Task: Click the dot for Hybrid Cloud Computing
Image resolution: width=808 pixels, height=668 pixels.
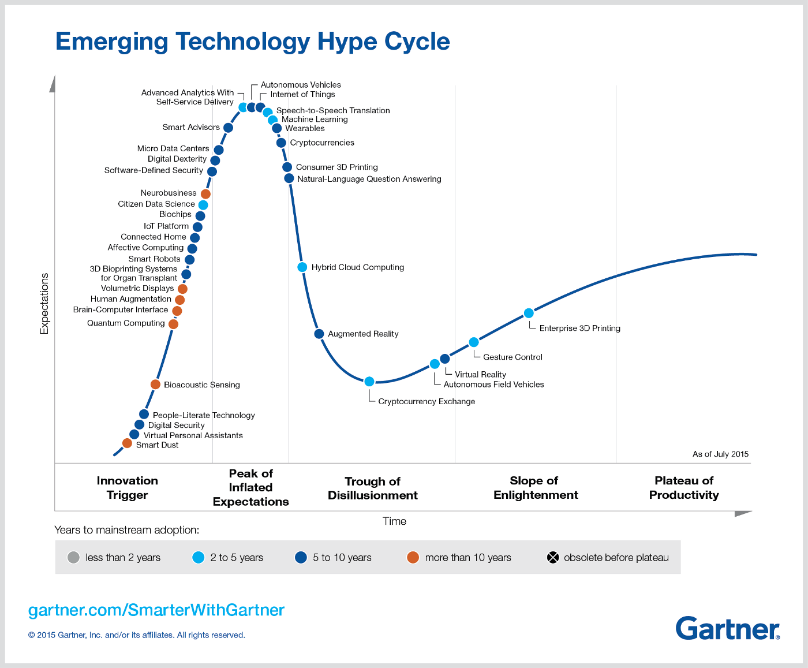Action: tap(302, 267)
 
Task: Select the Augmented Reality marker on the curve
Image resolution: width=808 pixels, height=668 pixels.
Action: tap(319, 334)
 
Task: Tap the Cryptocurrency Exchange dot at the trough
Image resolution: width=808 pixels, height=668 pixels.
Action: tap(369, 382)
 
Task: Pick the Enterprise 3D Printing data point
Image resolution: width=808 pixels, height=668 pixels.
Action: tap(529, 314)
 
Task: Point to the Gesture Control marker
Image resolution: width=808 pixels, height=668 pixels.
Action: tap(474, 342)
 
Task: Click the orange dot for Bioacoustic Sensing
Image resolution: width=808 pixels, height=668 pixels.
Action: tap(155, 385)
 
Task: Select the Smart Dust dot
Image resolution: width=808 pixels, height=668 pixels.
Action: tap(127, 443)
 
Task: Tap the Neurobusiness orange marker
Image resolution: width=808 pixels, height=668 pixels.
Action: tap(205, 194)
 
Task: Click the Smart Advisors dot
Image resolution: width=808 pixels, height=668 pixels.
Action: tap(228, 128)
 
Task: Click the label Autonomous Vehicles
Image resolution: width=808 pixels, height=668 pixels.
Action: tap(301, 85)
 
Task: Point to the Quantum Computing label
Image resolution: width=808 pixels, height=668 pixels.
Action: tap(126, 323)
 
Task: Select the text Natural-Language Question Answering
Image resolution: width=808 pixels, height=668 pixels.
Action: tap(369, 179)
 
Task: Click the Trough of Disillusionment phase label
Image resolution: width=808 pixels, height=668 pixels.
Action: tap(373, 488)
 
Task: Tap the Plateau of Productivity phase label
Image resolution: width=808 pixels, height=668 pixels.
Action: tap(684, 488)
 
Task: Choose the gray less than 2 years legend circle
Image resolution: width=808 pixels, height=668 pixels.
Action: tap(73, 557)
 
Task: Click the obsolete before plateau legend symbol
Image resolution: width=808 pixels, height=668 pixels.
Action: tap(553, 557)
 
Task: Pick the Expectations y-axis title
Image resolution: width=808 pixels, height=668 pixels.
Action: tap(44, 304)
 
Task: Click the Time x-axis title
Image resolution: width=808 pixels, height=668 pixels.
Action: tap(394, 521)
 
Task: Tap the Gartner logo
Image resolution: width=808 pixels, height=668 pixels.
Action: tap(727, 628)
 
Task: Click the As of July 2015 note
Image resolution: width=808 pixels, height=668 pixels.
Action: tap(720, 454)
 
